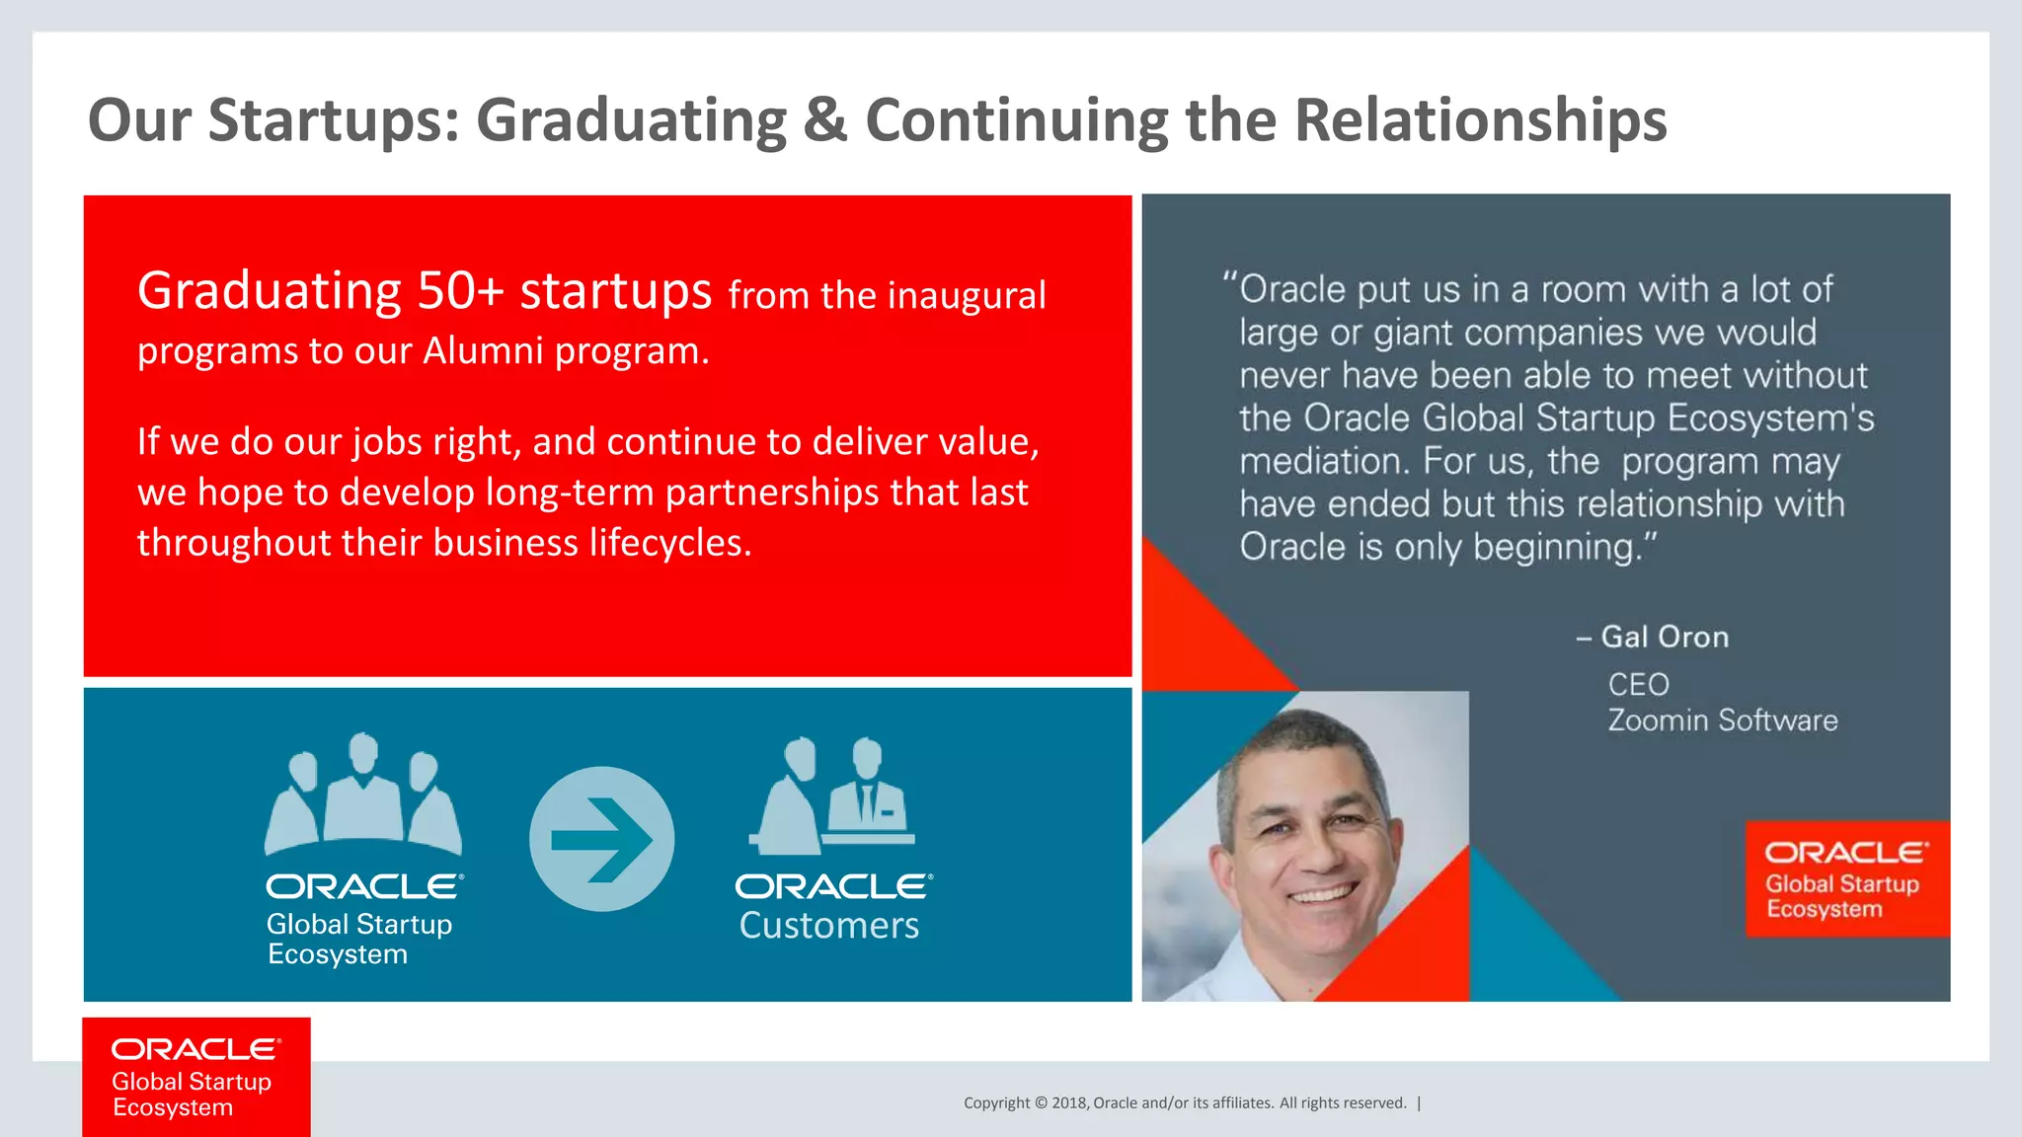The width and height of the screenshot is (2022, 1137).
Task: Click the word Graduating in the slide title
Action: (632, 120)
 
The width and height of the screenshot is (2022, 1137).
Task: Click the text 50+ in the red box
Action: (460, 291)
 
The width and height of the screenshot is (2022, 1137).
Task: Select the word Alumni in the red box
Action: (483, 351)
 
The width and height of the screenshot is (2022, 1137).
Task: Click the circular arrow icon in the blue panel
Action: (601, 839)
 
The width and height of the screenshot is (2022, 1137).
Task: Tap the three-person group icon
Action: (363, 795)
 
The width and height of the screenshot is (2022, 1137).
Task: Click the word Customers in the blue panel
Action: (828, 926)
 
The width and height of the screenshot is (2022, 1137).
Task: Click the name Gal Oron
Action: (1664, 637)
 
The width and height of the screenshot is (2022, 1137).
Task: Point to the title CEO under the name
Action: (1638, 684)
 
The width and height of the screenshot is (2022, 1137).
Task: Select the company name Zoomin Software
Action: (1722, 720)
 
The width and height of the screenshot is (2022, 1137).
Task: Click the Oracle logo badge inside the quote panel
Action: (1845, 878)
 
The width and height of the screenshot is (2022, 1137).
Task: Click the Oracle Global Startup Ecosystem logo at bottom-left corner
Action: (195, 1077)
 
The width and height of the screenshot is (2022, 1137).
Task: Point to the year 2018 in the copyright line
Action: (1068, 1103)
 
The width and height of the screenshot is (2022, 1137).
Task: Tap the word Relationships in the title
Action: (1480, 120)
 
